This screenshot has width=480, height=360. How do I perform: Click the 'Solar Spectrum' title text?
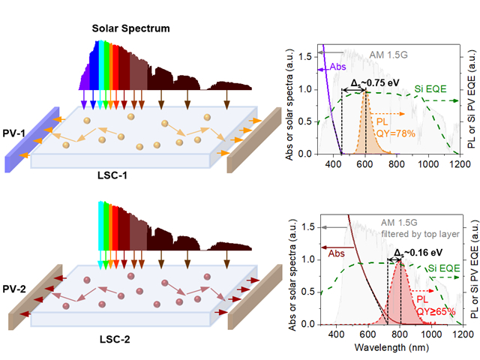coord(130,29)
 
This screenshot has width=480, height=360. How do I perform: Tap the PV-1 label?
coord(14,135)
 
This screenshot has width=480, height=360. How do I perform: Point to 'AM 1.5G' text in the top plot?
coord(390,55)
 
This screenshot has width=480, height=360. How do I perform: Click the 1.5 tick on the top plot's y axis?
coord(303,55)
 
